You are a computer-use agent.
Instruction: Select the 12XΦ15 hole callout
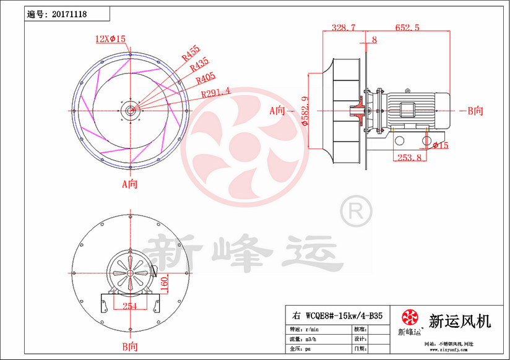[x=110, y=39]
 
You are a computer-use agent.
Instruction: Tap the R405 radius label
[x=205, y=79]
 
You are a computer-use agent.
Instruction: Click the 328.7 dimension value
[x=344, y=28]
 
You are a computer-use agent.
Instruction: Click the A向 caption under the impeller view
[x=129, y=184]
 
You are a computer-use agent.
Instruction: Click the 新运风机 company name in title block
[x=460, y=322]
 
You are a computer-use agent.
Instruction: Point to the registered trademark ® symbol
[x=356, y=212]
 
